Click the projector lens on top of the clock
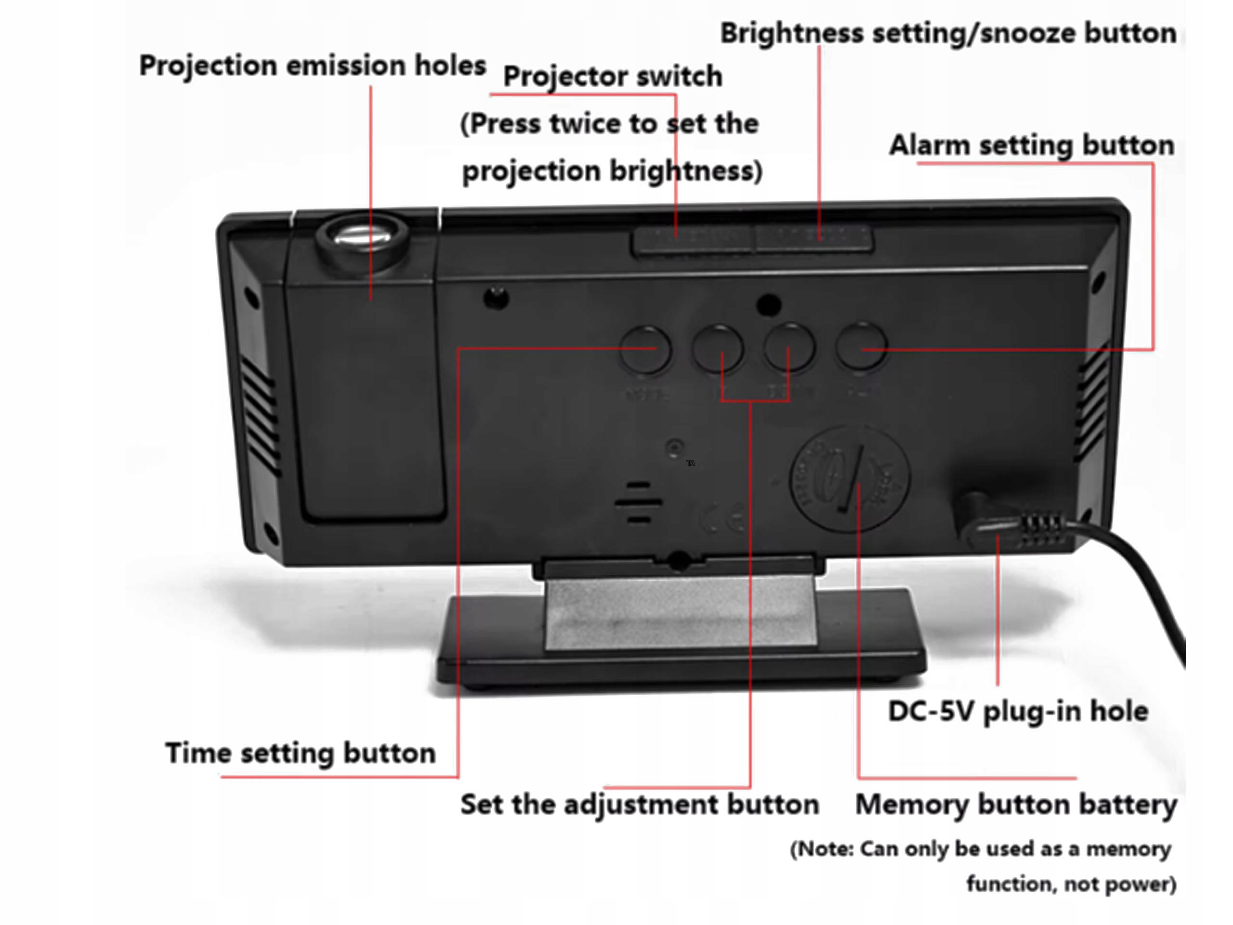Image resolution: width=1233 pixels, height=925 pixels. [361, 237]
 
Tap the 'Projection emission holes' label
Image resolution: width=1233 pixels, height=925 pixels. [312, 66]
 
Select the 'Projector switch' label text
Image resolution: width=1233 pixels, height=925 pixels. [612, 77]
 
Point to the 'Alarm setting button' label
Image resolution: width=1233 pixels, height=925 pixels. [1031, 145]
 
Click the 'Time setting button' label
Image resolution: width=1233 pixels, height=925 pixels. [301, 753]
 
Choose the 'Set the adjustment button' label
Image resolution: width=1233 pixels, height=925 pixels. [639, 805]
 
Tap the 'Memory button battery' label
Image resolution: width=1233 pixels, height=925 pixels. [1016, 805]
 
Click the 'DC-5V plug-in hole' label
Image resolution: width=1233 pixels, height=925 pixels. [1018, 712]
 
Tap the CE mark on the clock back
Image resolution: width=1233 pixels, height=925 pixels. [722, 518]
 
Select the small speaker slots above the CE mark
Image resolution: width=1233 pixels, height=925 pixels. [639, 502]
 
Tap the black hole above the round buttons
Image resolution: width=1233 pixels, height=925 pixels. [769, 304]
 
